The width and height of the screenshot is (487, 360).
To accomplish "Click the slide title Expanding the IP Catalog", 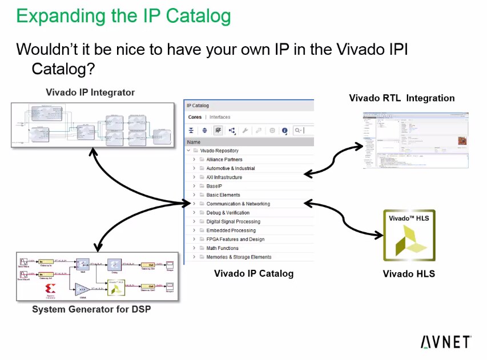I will pos(123,15).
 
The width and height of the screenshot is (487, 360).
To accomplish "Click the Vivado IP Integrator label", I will pos(90,92).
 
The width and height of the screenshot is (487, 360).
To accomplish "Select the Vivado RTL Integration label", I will pos(401,98).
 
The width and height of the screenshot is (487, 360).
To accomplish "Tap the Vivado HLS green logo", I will pos(409,235).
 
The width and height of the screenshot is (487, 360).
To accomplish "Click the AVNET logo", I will pos(445,342).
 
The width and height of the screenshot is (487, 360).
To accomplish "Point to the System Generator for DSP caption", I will pos(91,309).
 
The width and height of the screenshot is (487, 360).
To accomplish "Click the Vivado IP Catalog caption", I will pos(253,273).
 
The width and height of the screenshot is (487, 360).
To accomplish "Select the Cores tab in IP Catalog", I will pos(195,117).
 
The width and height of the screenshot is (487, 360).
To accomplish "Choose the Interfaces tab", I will pos(220,117).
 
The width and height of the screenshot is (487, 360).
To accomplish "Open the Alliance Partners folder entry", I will pos(224,160).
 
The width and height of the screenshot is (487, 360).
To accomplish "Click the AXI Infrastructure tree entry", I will pos(224,177).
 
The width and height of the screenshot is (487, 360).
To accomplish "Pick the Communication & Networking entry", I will pos(238,204).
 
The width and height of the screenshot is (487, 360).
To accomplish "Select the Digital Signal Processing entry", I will pos(233,221).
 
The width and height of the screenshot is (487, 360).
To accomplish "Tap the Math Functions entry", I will pos(222,248).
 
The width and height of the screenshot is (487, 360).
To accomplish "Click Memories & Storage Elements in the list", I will pos(239,257).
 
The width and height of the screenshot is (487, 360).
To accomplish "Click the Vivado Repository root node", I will pos(219,151).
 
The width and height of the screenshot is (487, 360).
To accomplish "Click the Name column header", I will pos(194,142).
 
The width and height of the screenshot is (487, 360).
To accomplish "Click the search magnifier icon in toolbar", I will pos(297,131).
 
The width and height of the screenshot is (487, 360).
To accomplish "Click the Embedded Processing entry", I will pos(231,230).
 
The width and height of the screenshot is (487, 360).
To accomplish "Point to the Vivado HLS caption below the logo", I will pos(409,274).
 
